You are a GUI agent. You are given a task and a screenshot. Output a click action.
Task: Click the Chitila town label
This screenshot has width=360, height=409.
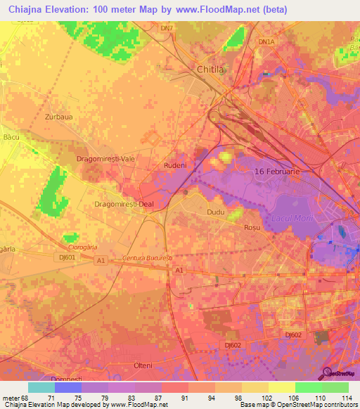(210, 70)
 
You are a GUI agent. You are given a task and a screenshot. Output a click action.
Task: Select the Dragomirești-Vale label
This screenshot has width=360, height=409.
(105, 160)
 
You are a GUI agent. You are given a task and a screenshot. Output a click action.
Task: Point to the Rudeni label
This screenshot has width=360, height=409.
(175, 165)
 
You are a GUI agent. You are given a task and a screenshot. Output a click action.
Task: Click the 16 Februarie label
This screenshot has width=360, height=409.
(277, 171)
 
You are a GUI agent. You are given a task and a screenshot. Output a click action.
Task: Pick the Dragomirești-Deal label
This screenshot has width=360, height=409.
(123, 204)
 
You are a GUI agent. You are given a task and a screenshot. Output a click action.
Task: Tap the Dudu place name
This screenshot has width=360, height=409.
(215, 211)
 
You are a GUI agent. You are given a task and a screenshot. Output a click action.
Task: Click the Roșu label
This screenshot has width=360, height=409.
(252, 228)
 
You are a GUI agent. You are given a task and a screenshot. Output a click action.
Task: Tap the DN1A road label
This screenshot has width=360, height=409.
(266, 42)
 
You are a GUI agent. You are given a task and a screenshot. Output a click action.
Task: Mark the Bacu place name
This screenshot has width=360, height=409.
(11, 136)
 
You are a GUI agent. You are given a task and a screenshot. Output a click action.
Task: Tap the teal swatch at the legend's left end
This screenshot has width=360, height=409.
(41, 387)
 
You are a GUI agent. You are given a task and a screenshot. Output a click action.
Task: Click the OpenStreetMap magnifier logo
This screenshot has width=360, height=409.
(328, 373)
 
